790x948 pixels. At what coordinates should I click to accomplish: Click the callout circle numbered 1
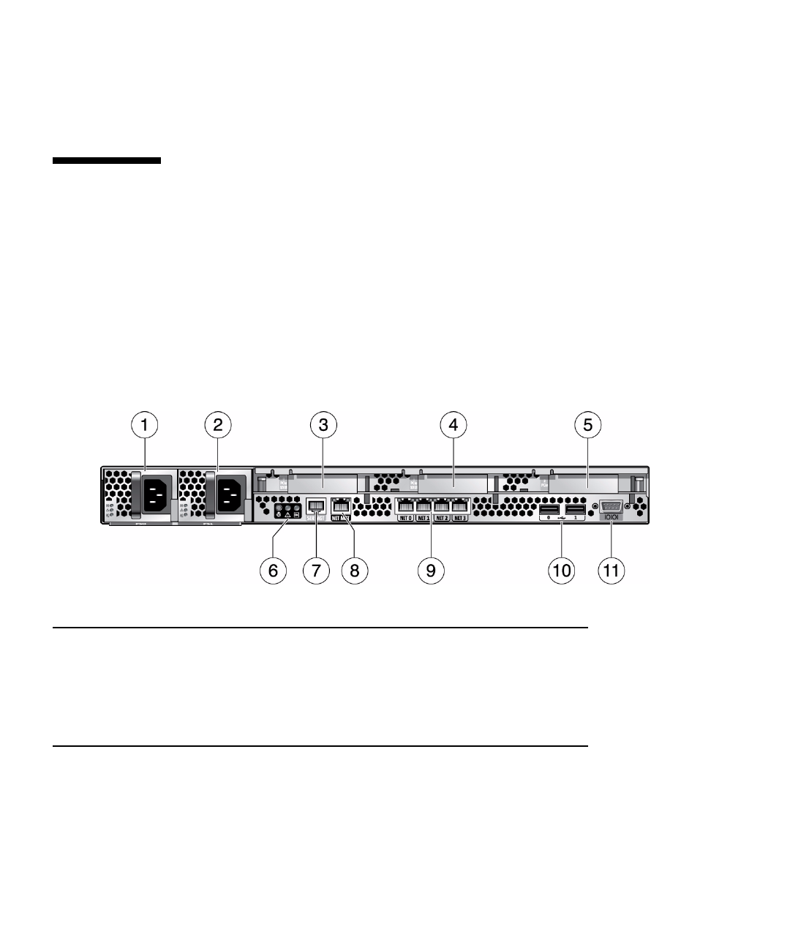tap(144, 424)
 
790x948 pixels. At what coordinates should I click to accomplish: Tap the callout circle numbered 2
tap(217, 424)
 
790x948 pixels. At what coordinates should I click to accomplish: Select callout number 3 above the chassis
tap(323, 424)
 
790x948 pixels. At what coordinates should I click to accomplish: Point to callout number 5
tap(588, 424)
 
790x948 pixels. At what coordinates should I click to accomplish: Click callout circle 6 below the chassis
tap(273, 570)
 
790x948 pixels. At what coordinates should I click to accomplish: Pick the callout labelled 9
tap(431, 570)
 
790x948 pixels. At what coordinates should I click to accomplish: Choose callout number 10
tap(562, 570)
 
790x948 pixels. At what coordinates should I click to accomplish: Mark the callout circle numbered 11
tap(612, 570)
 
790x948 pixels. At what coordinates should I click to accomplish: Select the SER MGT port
tap(316, 505)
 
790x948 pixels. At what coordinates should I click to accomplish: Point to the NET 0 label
tap(405, 519)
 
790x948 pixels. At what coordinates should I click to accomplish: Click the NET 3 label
tap(459, 519)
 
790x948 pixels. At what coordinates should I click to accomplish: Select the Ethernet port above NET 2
tap(442, 505)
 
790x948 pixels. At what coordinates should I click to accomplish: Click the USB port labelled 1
tap(576, 509)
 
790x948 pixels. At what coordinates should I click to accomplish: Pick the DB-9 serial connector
tap(611, 506)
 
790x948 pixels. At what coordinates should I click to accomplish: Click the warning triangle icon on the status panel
tap(287, 515)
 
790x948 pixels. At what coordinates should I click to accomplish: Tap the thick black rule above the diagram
tap(107, 160)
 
